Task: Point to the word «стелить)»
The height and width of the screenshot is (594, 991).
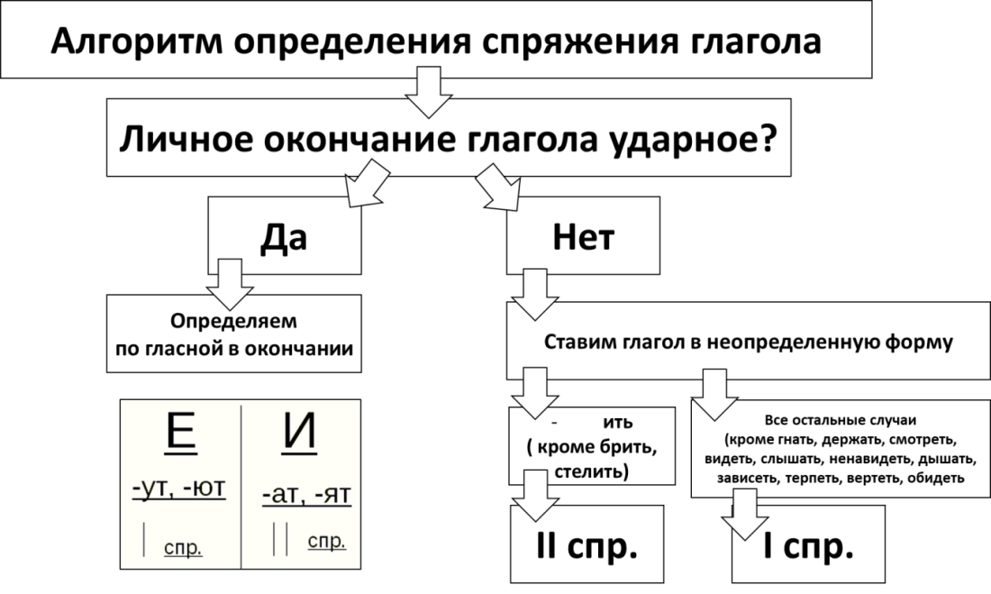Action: pos(592,471)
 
